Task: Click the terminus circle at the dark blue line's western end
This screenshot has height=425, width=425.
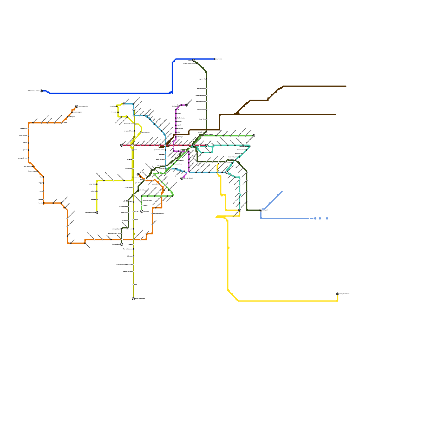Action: click(x=41, y=91)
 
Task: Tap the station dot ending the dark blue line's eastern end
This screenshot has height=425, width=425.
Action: click(x=215, y=59)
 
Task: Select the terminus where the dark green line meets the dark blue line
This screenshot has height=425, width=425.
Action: click(x=194, y=60)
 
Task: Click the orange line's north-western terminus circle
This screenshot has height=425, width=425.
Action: click(x=77, y=106)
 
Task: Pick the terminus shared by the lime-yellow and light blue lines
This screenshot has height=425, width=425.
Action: click(x=124, y=104)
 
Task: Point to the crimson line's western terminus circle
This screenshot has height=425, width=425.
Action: click(x=122, y=145)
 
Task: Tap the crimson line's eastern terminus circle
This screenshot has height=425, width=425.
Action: click(x=206, y=145)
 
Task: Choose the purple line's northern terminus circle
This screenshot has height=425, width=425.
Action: click(x=186, y=105)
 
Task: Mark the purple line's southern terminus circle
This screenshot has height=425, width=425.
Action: click(x=182, y=178)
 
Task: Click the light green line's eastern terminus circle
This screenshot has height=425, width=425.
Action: click(x=254, y=136)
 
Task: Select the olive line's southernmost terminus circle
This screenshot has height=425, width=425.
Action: click(x=133, y=299)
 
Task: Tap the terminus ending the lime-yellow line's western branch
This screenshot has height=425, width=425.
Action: click(x=97, y=212)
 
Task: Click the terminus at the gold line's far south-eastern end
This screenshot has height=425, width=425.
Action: click(x=338, y=294)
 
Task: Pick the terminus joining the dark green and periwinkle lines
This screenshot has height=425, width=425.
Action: click(x=261, y=210)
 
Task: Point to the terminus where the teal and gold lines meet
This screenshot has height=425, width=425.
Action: click(x=240, y=210)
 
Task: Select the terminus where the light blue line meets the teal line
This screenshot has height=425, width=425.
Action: click(x=227, y=172)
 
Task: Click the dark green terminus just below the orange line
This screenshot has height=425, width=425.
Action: click(x=122, y=244)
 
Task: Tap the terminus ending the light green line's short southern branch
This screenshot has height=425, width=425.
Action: click(x=142, y=211)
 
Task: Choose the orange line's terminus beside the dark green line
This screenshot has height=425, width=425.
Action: click(x=138, y=175)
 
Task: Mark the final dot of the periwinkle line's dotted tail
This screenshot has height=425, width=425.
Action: click(x=327, y=218)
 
